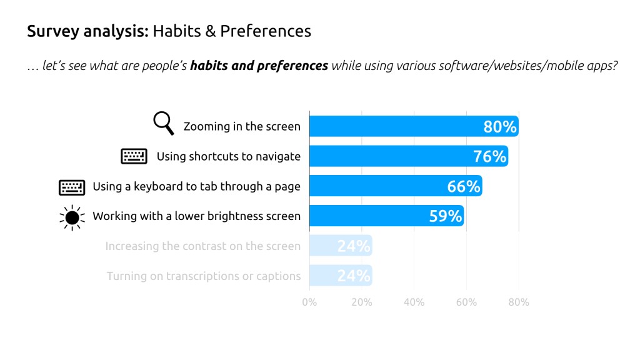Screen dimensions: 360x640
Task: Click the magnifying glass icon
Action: (x=163, y=123)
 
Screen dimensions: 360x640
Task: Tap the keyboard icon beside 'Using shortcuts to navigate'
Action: (x=134, y=156)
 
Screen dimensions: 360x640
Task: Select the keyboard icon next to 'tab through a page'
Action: (x=71, y=186)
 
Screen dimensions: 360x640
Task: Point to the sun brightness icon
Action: (x=72, y=216)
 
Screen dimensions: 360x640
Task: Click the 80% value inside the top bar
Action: (x=500, y=127)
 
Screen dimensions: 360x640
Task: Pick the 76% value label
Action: (x=489, y=156)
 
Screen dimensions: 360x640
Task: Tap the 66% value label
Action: (x=463, y=186)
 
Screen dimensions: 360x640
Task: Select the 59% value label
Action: (x=446, y=216)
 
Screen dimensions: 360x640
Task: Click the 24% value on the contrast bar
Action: (x=354, y=246)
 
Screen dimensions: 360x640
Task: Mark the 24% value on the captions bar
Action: (x=354, y=276)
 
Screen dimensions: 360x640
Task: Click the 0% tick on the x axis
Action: (x=309, y=302)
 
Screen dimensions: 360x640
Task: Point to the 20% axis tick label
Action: (x=362, y=302)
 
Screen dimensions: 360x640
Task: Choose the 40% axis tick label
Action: (x=414, y=302)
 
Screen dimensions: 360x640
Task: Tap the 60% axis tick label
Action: (x=466, y=302)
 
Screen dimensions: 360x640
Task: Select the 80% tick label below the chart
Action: (x=519, y=302)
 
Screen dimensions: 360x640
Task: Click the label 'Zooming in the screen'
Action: (x=242, y=127)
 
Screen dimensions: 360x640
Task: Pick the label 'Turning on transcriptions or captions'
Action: (x=203, y=276)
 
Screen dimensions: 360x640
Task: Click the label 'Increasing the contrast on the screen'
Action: (x=202, y=246)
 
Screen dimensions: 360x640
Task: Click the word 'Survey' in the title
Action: (x=49, y=31)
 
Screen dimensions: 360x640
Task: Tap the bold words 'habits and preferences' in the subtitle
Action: (x=259, y=66)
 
